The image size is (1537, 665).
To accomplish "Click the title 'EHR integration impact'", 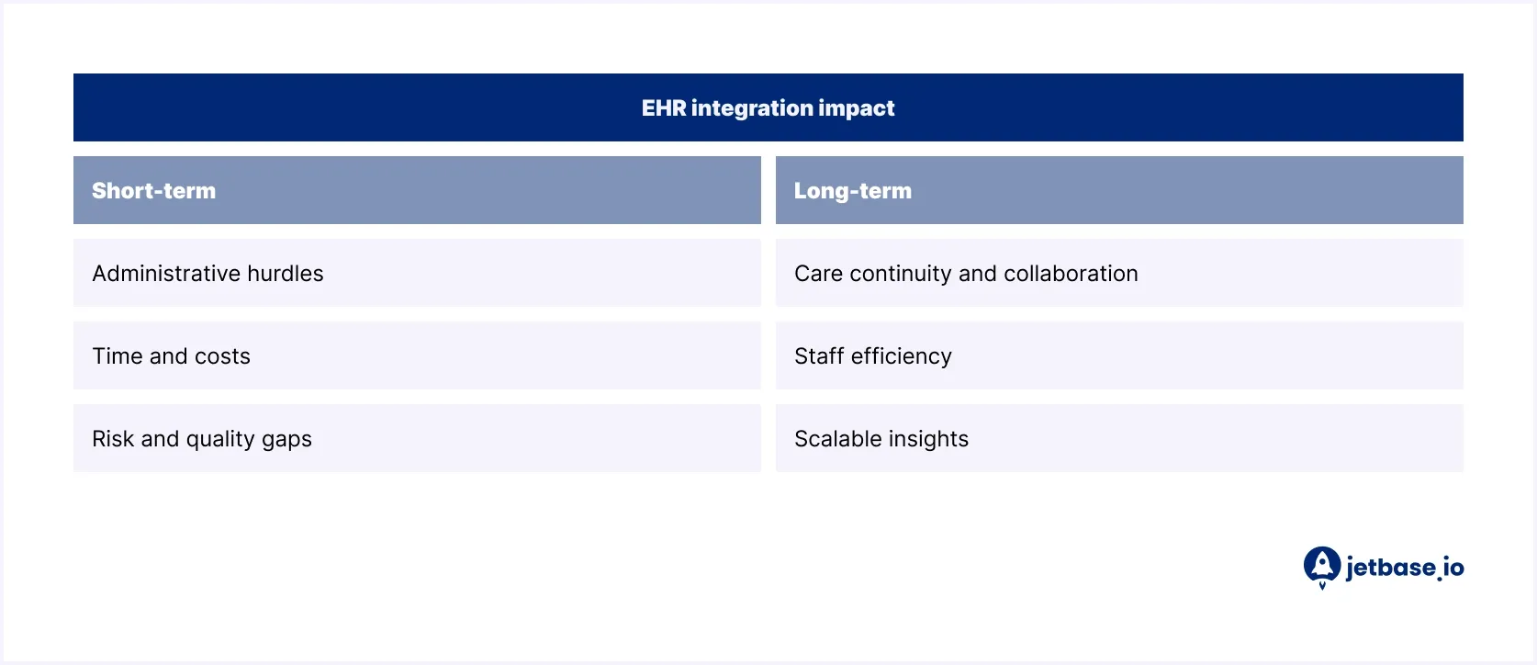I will point(768,108).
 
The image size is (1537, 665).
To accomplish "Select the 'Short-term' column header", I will point(154,191).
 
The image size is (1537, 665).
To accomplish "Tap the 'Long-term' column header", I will point(852,191).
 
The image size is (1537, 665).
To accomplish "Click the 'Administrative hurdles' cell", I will point(417,274).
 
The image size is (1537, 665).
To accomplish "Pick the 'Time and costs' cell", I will point(417,356).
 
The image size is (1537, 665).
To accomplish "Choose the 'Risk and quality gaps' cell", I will point(417,439).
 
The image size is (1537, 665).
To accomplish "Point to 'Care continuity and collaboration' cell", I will point(1118,274).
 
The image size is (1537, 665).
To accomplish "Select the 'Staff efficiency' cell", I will point(1118,356).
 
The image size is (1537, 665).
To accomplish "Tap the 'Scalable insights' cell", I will point(1118,439).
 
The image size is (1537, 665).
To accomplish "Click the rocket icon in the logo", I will point(1322,566).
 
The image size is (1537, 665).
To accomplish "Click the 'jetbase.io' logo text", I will point(1405,568).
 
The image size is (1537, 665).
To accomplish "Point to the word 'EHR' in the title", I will point(663,108).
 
